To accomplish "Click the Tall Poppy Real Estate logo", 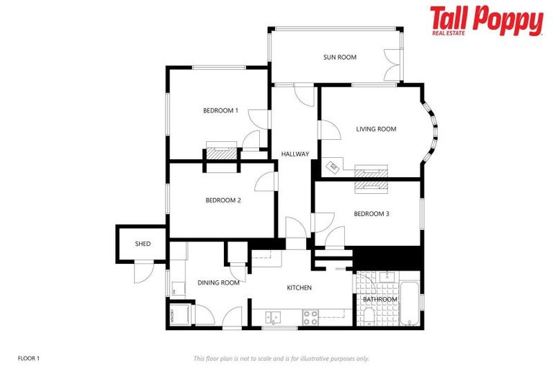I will (486, 21).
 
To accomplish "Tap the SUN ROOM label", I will (339, 57).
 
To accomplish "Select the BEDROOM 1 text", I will (220, 110).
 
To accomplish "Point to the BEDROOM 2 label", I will (222, 200).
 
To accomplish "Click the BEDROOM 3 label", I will (372, 213).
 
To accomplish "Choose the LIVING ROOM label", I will (376, 129).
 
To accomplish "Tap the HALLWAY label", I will (295, 154).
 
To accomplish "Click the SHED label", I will (143, 244).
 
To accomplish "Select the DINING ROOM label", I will (218, 283).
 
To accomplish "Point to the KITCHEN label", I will (300, 288).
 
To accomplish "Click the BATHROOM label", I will (379, 299).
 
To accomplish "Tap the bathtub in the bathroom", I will (410, 303).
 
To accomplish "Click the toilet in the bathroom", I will (368, 315).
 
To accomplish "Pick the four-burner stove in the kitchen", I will (310, 316).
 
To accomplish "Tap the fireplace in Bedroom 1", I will (220, 152).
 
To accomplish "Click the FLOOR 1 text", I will (29, 357).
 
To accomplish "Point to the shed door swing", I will (143, 272).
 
